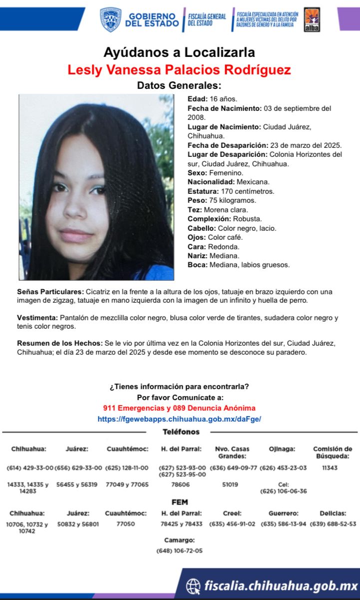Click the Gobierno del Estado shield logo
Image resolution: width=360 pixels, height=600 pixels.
110,19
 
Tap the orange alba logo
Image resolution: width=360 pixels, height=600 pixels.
312,20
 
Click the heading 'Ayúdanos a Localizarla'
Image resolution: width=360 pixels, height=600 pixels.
179,52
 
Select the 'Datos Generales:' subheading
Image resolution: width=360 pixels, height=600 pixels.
179,85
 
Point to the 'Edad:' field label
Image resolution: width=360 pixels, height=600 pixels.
198,99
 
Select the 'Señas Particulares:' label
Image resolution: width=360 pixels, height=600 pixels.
50,291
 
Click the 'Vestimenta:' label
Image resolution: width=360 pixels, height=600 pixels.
37,318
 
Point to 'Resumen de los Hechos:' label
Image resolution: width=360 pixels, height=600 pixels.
59,344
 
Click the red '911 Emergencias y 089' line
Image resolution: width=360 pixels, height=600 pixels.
179,408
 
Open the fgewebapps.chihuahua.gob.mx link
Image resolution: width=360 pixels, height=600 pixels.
179,419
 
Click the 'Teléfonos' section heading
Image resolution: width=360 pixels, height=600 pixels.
181,432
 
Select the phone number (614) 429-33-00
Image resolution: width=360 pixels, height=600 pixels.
29,468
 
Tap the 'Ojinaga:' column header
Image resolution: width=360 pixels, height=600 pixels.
282,449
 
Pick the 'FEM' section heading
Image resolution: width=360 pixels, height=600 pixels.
180,502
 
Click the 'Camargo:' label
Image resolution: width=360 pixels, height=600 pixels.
180,540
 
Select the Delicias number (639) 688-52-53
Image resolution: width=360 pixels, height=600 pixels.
333,524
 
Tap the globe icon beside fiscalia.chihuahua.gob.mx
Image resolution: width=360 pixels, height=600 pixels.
193,586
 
